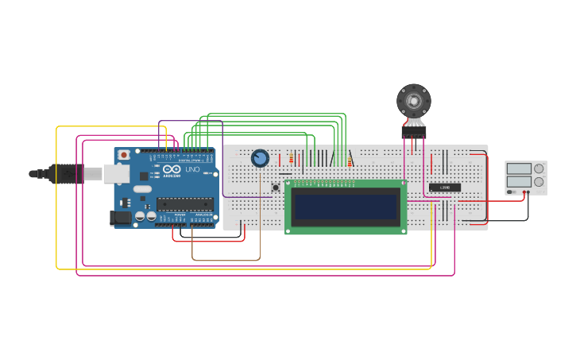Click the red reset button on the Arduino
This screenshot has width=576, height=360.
[124, 155]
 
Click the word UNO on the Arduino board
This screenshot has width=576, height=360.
[192, 170]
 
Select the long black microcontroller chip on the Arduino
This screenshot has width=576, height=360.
[184, 203]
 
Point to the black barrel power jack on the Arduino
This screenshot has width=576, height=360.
[120, 217]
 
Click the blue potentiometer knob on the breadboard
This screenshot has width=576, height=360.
[260, 158]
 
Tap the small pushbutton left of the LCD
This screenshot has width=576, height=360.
[275, 188]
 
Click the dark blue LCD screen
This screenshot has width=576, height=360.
[346, 207]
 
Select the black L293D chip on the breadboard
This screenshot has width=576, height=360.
[445, 188]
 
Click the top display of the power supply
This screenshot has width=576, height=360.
[519, 168]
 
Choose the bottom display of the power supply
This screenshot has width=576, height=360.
[519, 182]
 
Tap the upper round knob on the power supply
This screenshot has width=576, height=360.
[539, 168]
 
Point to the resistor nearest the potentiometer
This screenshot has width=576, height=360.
[292, 159]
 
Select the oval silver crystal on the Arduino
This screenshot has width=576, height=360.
[142, 189]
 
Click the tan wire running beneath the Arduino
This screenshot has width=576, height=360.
[226, 260]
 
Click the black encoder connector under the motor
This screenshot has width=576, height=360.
[413, 134]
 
